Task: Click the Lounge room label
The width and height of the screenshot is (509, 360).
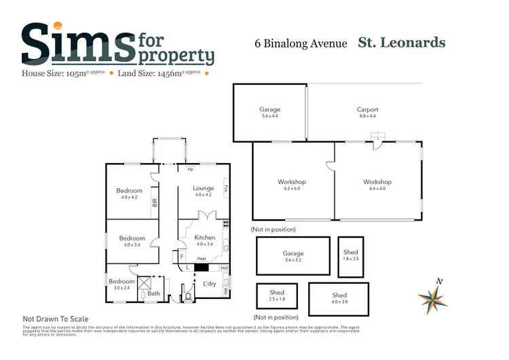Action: click(x=204, y=188)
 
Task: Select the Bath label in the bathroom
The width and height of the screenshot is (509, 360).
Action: click(x=154, y=293)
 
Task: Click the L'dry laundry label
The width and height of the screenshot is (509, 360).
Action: click(x=209, y=283)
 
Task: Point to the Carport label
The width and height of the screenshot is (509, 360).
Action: click(x=367, y=109)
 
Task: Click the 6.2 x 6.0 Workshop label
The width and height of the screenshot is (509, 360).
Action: click(x=292, y=182)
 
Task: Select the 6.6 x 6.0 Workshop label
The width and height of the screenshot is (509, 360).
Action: click(x=377, y=182)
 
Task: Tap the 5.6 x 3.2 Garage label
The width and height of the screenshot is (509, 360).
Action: click(x=293, y=253)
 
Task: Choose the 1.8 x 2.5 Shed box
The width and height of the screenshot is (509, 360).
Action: click(x=352, y=255)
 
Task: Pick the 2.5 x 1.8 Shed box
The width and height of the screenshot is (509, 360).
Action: click(x=277, y=295)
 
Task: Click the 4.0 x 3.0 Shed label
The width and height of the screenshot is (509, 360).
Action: click(x=339, y=295)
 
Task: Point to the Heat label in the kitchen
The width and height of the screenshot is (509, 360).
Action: click(x=202, y=259)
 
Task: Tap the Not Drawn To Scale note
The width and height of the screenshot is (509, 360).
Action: click(x=56, y=319)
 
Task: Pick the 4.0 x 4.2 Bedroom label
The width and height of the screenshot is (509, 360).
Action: click(x=130, y=191)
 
